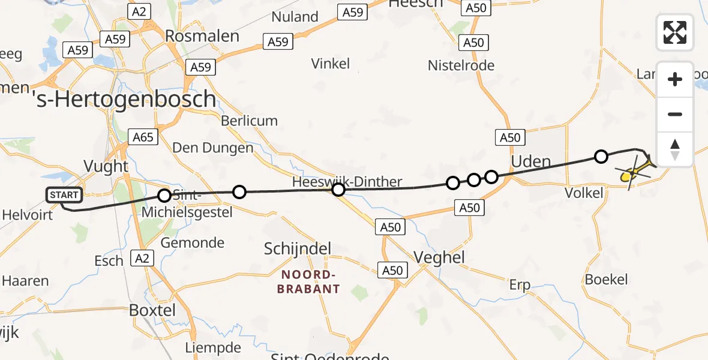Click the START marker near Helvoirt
pos(64,195)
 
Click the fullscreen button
pos(675,32)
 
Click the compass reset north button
pos(675,149)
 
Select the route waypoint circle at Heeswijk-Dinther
pos(338,190)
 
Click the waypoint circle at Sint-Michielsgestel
pos(164,195)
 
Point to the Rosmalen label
pos(202,36)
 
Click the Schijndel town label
pos(298,249)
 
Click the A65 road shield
pos(143,137)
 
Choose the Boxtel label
pos(152,310)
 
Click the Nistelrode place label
pos(461,65)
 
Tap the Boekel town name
pos(606,279)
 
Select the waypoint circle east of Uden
pos(601,157)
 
